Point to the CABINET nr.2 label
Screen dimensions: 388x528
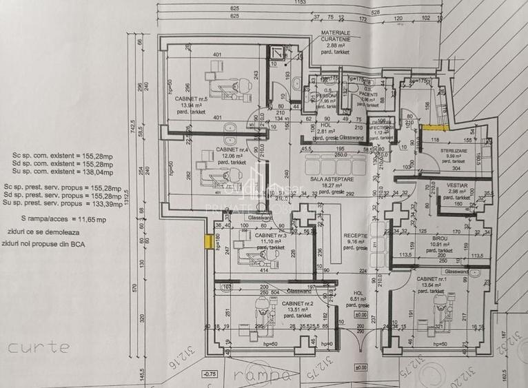pyautogui.click(x=301, y=303)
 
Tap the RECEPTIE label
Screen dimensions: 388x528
pyautogui.click(x=356, y=236)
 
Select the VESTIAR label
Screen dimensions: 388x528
pyautogui.click(x=458, y=185)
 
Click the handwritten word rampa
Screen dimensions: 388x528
pyautogui.click(x=260, y=375)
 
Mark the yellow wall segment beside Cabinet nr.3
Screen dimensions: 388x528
pyautogui.click(x=207, y=241)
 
